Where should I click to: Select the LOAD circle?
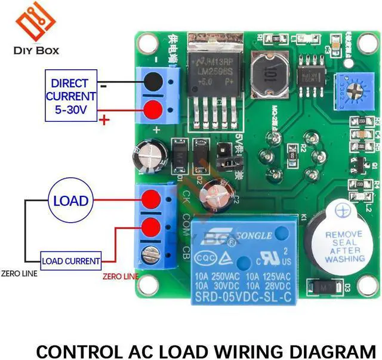pos(70,201)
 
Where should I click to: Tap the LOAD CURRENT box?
pos(70,260)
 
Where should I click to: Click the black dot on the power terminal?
pos(154,81)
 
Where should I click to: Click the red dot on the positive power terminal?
pos(154,110)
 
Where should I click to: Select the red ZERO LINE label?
pos(121,276)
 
